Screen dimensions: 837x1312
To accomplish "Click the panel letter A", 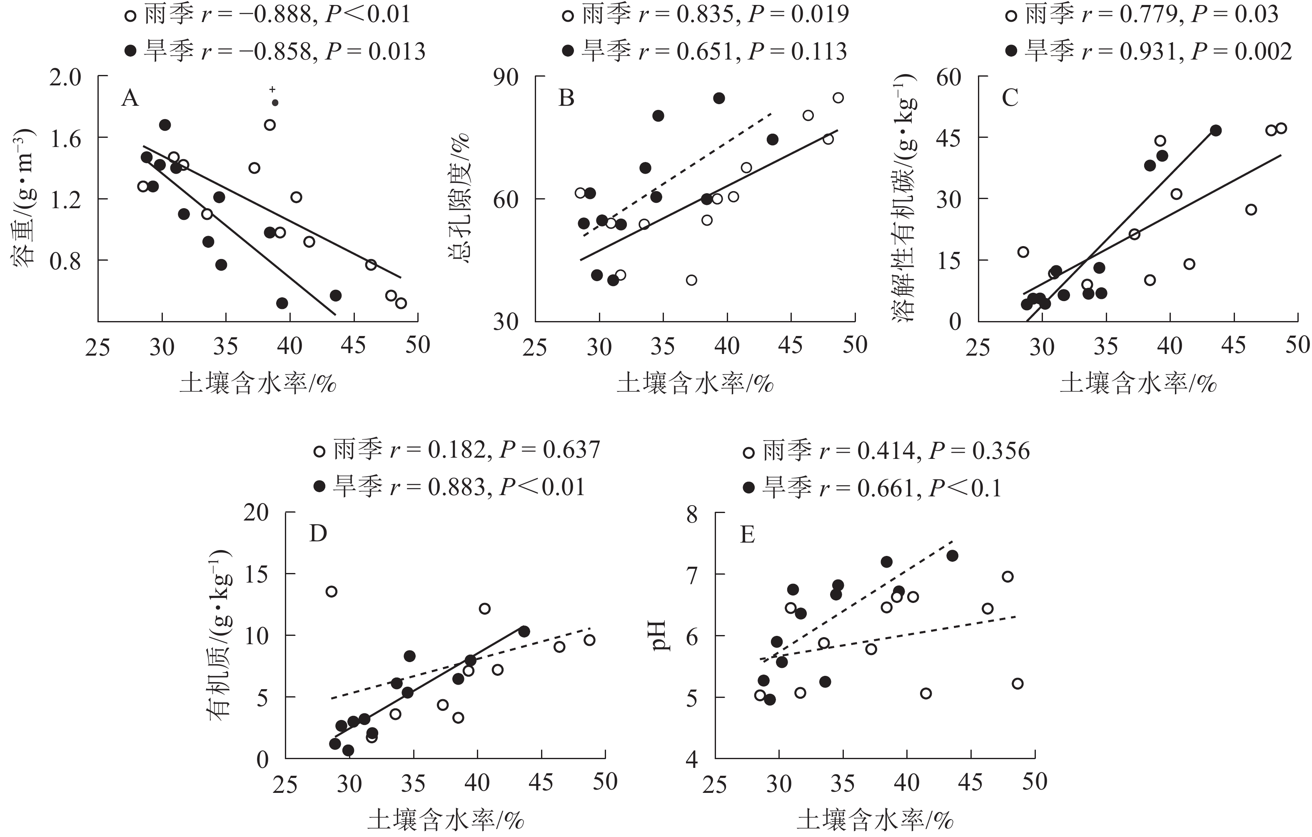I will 130,99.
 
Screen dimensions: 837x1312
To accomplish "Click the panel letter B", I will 566,99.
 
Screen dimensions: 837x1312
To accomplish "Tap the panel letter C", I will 1010,99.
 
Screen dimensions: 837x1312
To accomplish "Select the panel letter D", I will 318,534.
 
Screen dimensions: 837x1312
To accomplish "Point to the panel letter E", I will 747,536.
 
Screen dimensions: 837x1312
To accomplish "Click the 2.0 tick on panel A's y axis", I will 65,77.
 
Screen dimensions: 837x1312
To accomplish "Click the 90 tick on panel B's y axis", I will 506,77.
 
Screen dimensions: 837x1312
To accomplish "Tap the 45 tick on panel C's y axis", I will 948,138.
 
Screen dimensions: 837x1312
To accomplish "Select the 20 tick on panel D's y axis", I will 256,513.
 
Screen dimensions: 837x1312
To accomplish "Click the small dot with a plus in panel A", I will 274,102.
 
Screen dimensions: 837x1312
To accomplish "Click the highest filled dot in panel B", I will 718,98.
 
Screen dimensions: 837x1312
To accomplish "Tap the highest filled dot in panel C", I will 1215,130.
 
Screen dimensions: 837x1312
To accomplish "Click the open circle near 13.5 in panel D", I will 331,591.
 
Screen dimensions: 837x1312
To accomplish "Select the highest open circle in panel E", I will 1008,577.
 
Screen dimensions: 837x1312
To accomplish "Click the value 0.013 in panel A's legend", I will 397,52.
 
